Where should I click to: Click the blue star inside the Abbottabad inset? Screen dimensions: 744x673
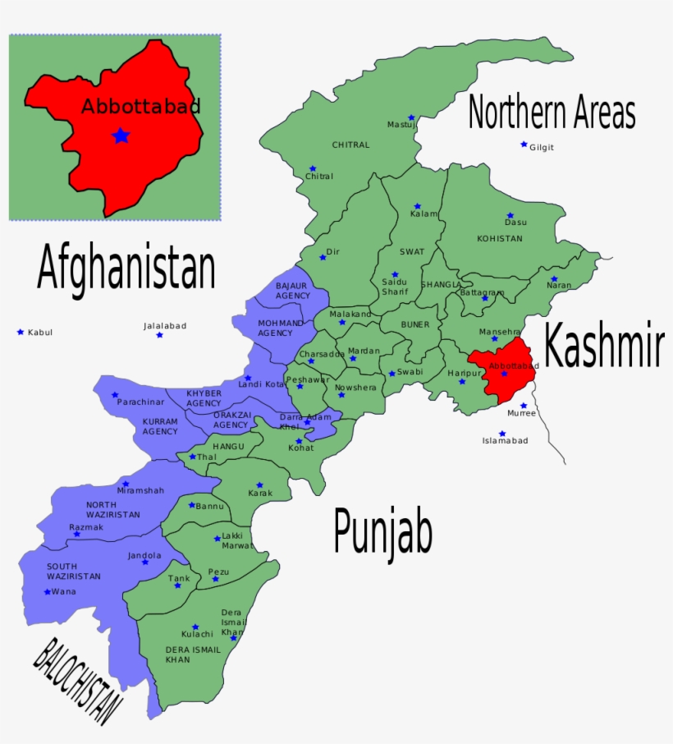(121, 135)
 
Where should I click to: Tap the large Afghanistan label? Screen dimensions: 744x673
(126, 269)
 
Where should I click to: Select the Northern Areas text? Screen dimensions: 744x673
(552, 113)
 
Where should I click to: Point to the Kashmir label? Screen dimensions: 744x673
(603, 346)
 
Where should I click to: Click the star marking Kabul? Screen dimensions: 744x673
(21, 332)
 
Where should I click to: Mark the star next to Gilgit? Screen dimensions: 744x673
(524, 145)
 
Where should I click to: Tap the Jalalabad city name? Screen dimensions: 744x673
(165, 326)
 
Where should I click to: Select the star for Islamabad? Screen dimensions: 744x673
(502, 434)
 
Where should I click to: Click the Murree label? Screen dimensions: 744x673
(521, 413)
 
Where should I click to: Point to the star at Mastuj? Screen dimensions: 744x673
(411, 117)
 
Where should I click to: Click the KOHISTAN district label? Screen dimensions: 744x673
(499, 238)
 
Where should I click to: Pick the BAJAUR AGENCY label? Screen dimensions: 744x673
(292, 290)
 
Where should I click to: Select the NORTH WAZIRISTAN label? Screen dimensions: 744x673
(112, 509)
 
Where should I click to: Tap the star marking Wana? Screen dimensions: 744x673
(47, 591)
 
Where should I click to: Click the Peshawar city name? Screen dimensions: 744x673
(308, 379)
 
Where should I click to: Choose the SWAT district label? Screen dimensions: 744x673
(412, 252)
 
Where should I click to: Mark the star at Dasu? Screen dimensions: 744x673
(510, 216)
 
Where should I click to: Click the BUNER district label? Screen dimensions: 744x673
(414, 324)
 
